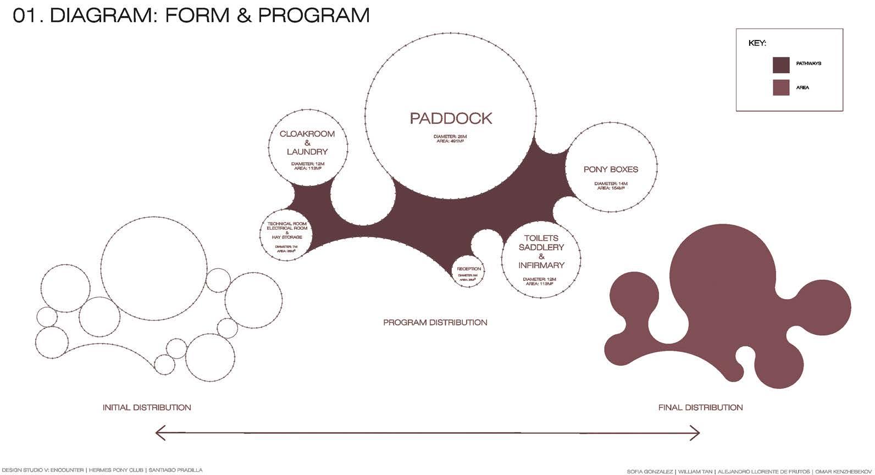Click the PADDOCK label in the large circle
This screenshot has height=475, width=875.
pos(451,118)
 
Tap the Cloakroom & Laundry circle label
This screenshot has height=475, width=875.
pos(307,142)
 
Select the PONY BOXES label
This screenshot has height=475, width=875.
pos(611,169)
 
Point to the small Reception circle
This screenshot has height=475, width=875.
pos(469,272)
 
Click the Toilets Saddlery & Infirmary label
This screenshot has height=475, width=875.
pos(541,251)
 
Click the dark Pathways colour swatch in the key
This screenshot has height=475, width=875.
pos(781,65)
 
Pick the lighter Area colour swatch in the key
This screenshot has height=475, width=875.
pos(781,88)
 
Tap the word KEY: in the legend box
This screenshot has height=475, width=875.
pos(757,43)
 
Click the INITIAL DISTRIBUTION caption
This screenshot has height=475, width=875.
pos(147,407)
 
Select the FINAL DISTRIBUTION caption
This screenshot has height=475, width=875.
pos(700,407)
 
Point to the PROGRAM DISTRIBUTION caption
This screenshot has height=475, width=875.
pos(435,322)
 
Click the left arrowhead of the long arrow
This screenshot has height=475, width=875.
pos(159,433)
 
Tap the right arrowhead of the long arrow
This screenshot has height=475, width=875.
pos(696,433)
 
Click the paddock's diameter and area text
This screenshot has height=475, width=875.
pos(451,139)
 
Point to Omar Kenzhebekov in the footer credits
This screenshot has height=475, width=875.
pos(844,471)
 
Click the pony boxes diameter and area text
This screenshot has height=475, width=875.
pos(611,186)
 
